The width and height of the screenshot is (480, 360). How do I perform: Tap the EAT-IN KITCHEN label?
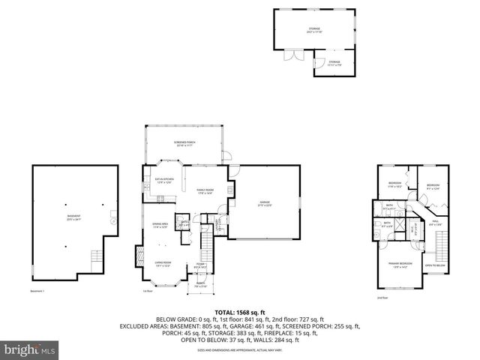(x=164, y=180)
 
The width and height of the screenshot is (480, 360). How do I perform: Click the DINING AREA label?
(x=160, y=225)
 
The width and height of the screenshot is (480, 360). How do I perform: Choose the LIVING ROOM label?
(x=164, y=263)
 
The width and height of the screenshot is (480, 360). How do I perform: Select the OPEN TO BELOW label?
(x=435, y=265)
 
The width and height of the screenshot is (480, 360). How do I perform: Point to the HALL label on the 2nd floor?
(x=436, y=223)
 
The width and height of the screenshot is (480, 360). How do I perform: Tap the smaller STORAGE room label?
(x=333, y=63)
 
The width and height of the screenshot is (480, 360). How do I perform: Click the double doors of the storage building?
(x=290, y=55)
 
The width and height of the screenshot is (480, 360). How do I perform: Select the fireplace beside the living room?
(x=136, y=258)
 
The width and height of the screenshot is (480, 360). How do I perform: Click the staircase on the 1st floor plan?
(x=208, y=244)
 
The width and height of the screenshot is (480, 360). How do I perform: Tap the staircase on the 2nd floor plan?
(x=441, y=244)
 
